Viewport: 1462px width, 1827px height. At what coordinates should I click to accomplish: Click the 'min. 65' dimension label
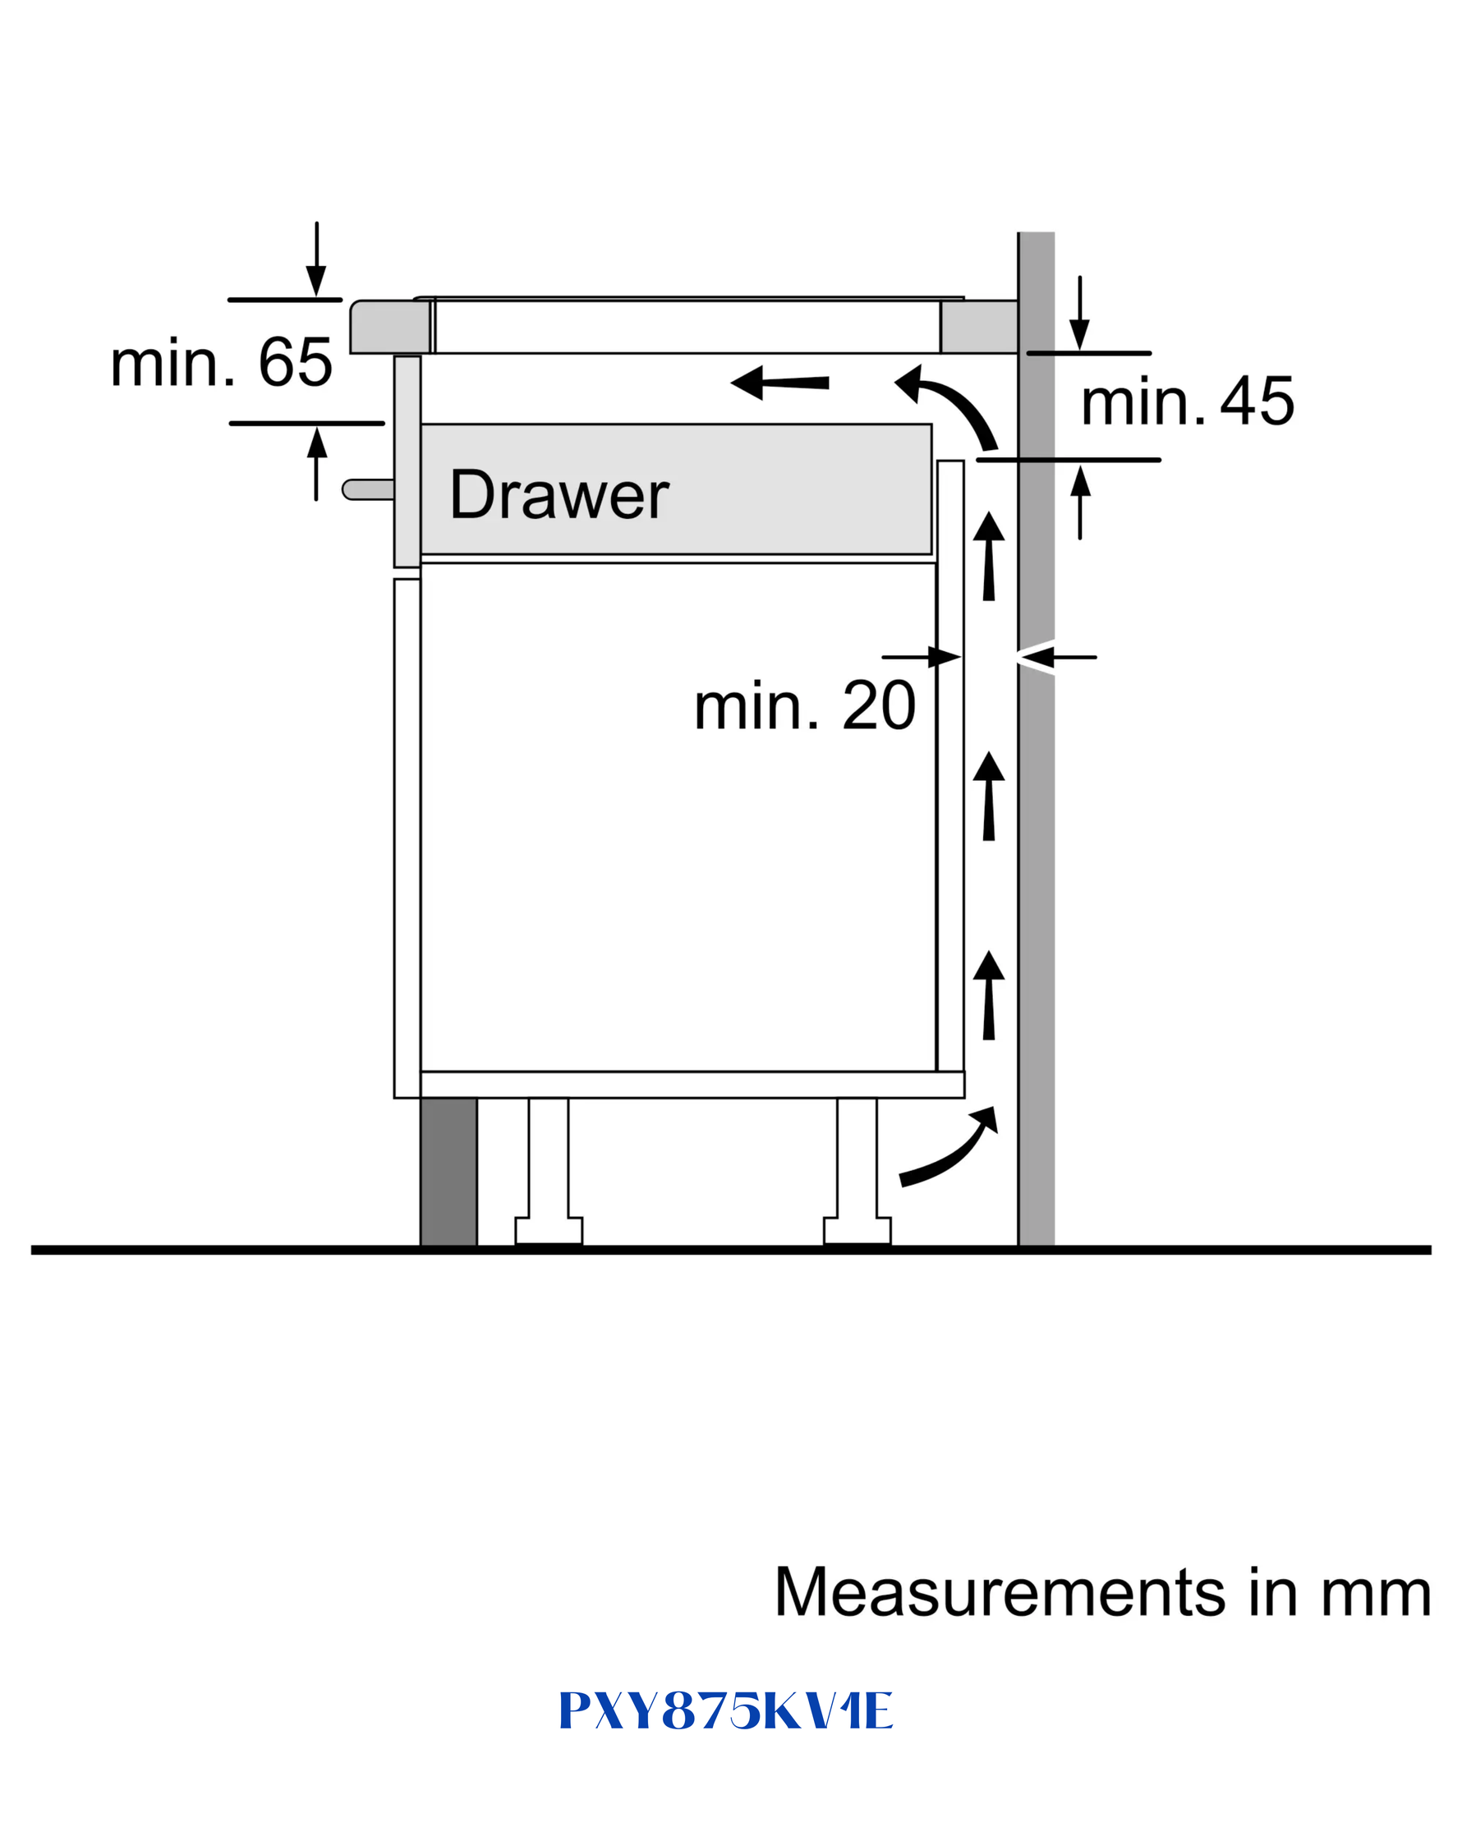coord(221,363)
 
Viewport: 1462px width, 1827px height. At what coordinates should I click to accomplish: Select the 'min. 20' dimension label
coord(805,706)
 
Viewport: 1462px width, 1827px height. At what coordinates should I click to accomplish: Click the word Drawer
coord(559,494)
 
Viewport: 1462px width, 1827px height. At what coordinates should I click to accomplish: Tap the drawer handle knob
coord(368,489)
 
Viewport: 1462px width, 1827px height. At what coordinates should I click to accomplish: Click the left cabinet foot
coord(549,1171)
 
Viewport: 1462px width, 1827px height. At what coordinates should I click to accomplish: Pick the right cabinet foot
coord(857,1171)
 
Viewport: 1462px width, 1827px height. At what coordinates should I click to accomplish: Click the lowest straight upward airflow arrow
coord(988,995)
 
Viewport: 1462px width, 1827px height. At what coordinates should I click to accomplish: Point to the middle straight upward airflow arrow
coord(988,796)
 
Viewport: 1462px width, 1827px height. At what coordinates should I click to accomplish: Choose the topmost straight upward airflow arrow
coord(988,556)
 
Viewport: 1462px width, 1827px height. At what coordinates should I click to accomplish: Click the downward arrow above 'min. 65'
coord(316,259)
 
